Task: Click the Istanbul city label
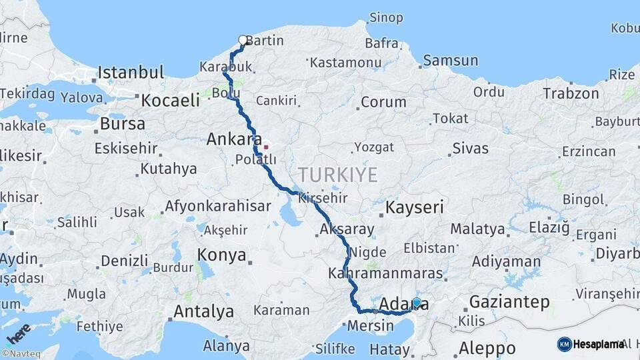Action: [x=131, y=72]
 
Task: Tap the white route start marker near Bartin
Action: [x=243, y=41]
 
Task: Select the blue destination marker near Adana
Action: [x=417, y=303]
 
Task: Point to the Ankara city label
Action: [x=233, y=140]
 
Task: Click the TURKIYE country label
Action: [x=337, y=175]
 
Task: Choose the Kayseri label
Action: [x=415, y=207]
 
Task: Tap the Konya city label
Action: [x=221, y=255]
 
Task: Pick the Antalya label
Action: [x=203, y=311]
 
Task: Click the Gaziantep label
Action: [x=509, y=302]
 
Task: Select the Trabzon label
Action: [x=570, y=93]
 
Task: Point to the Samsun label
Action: [x=451, y=61]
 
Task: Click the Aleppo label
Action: [x=487, y=348]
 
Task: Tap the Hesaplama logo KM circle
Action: [x=565, y=344]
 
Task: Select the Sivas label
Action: [x=470, y=148]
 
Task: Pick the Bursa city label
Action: [x=122, y=124]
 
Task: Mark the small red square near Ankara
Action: [x=265, y=147]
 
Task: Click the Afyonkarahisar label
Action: [x=217, y=206]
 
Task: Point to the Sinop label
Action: [x=386, y=17]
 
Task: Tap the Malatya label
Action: [x=477, y=229]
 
